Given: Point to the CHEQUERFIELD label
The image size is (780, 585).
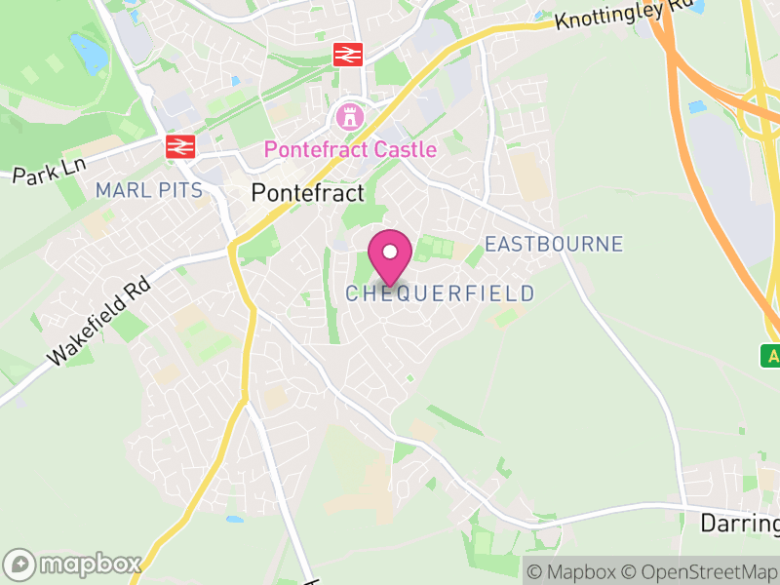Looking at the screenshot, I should click(440, 293).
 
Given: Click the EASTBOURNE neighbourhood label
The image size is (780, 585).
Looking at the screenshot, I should click(553, 244).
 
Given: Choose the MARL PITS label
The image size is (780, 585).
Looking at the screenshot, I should click(149, 190).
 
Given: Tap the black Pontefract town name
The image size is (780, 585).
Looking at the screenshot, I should click(307, 192).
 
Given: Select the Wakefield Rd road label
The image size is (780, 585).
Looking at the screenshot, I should click(98, 318).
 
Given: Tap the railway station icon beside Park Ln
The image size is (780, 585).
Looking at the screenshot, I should click(178, 146).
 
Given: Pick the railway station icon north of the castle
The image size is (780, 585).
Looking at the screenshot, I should click(347, 55).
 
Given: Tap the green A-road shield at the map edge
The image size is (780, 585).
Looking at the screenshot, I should click(771, 356).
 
